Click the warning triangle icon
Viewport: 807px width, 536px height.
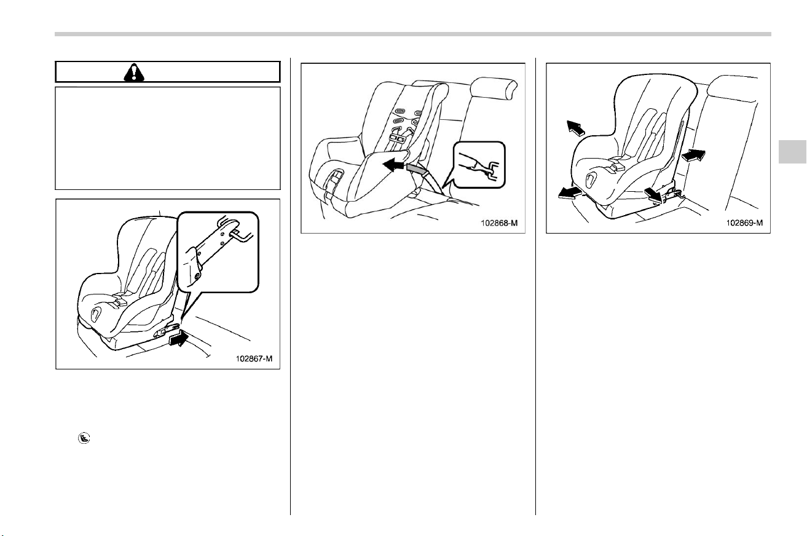[133, 73]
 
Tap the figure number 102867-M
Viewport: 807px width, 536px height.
[254, 359]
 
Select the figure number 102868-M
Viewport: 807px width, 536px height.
[499, 223]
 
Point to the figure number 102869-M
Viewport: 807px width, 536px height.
[744, 223]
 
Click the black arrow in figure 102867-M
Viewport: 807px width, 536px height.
[179, 339]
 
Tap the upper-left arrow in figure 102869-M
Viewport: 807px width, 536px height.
[575, 128]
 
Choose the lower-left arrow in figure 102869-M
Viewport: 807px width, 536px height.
[570, 193]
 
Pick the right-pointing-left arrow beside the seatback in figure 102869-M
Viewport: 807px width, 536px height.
[693, 156]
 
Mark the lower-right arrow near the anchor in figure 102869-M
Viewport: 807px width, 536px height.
[653, 195]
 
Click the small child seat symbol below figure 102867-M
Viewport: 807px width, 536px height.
[84, 438]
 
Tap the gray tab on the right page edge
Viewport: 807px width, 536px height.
[792, 152]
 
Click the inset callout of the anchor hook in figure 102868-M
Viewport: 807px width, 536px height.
[479, 165]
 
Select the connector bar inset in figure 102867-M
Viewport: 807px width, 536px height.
[218, 252]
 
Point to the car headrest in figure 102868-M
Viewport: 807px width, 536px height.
[494, 89]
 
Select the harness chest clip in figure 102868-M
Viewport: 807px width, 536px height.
[399, 138]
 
